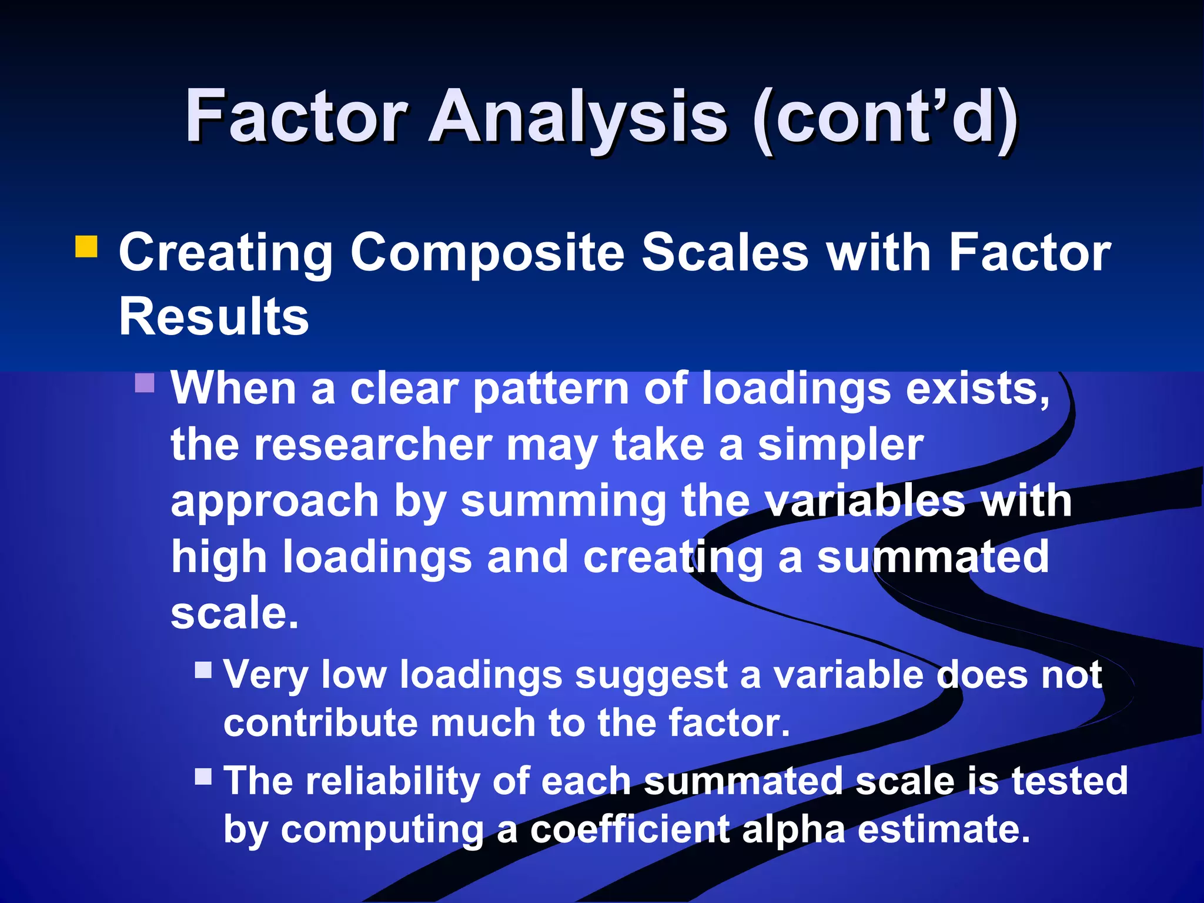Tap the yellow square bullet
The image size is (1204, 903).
click(86, 247)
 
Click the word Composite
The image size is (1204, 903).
click(487, 253)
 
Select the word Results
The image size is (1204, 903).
click(213, 316)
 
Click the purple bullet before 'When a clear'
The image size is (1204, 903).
click(145, 383)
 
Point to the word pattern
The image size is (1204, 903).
click(551, 390)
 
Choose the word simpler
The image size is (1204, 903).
click(840, 446)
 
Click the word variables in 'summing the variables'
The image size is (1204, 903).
click(866, 501)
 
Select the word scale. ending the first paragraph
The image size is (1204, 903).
click(235, 613)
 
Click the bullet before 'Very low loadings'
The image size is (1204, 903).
click(203, 670)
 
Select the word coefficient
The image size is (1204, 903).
click(630, 830)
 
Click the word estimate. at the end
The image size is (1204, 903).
click(944, 830)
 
